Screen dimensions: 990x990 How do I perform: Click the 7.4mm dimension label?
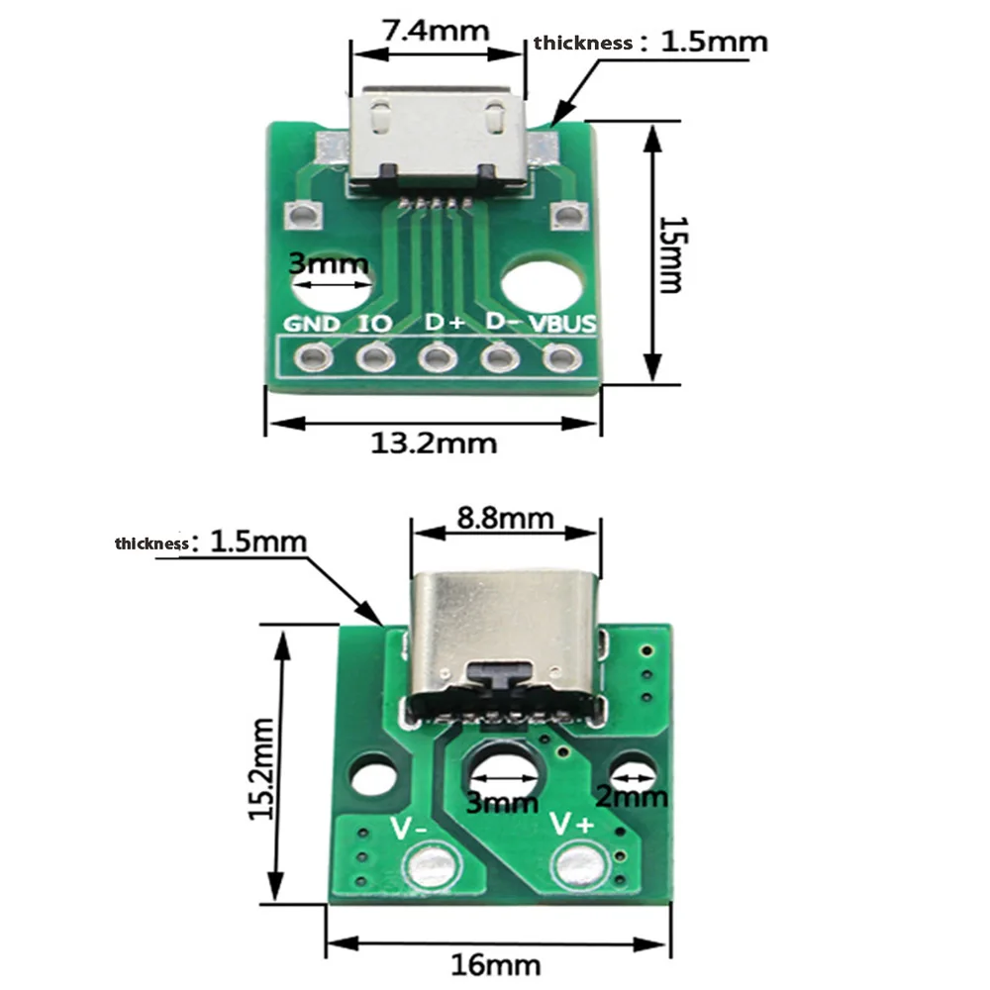(x=437, y=31)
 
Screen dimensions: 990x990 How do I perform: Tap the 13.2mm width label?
(x=434, y=444)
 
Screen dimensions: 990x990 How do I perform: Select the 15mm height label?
(x=670, y=254)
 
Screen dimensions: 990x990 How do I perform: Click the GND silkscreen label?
(x=312, y=324)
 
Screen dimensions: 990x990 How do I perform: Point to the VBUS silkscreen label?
(x=562, y=324)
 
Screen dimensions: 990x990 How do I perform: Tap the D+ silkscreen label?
(x=445, y=322)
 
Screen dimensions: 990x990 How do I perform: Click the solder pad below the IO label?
(x=375, y=358)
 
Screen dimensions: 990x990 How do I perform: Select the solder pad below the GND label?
(x=314, y=358)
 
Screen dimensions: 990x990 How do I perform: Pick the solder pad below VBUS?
(x=562, y=358)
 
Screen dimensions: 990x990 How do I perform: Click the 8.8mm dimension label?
(x=505, y=519)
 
